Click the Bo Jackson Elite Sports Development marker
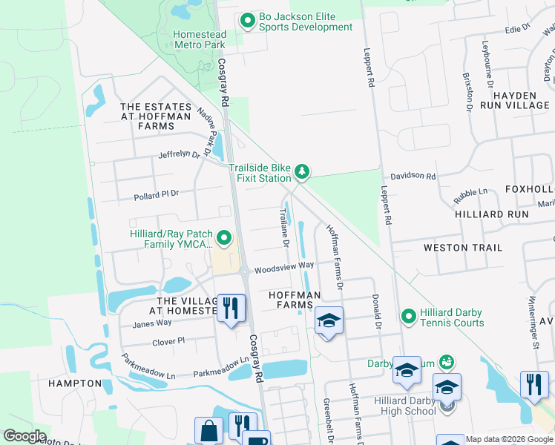pyautogui.click(x=247, y=22)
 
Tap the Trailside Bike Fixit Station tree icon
pyautogui.click(x=302, y=172)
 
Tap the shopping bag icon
pyautogui.click(x=208, y=431)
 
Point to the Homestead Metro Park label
pyautogui.click(x=199, y=39)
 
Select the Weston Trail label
pyautogui.click(x=462, y=248)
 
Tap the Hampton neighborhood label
pyautogui.click(x=75, y=383)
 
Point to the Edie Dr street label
pyautogui.click(x=519, y=27)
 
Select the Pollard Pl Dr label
pyautogui.click(x=157, y=194)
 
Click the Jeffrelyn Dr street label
pyautogui.click(x=179, y=155)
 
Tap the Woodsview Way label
pyautogui.click(x=284, y=265)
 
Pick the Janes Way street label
pyautogui.click(x=151, y=323)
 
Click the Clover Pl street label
pyautogui.click(x=168, y=341)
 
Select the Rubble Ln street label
pyautogui.click(x=473, y=196)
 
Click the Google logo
pyautogui.click(x=24, y=436)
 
